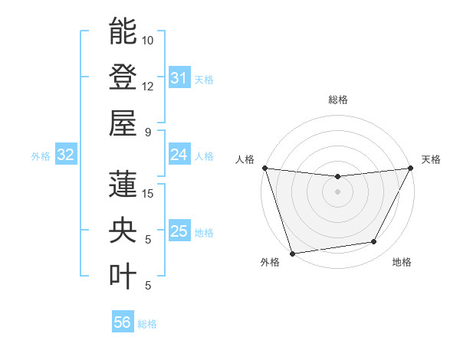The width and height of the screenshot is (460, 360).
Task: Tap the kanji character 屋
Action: (123, 123)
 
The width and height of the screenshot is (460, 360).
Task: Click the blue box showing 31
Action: (179, 78)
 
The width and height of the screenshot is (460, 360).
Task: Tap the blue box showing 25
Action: (179, 231)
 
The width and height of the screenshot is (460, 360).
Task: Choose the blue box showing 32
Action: (65, 155)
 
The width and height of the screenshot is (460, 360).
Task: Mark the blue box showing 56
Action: (123, 322)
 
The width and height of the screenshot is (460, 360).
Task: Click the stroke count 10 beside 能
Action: (148, 40)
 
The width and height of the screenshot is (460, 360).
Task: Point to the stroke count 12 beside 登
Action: (148, 86)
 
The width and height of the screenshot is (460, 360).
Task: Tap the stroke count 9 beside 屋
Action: (148, 132)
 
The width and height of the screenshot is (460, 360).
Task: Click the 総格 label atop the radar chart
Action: (337, 100)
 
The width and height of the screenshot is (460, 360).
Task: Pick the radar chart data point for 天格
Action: (411, 168)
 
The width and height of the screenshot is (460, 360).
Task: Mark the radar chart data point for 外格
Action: (292, 254)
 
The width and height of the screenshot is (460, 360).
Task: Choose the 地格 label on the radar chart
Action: (402, 263)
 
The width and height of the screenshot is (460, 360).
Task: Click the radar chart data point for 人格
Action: (264, 168)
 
